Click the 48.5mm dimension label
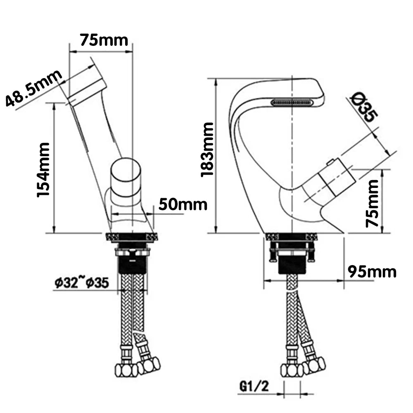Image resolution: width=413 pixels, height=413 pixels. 34,88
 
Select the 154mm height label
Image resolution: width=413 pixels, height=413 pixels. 44,169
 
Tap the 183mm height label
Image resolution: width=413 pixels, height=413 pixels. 207,150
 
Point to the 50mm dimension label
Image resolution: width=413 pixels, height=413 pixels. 183,204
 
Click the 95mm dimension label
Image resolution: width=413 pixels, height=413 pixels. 372,272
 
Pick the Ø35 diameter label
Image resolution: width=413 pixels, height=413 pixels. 363,108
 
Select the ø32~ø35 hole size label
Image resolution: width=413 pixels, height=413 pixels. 81,283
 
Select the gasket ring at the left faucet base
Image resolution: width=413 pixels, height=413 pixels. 132,237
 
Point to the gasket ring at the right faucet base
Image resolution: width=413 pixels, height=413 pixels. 292,237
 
